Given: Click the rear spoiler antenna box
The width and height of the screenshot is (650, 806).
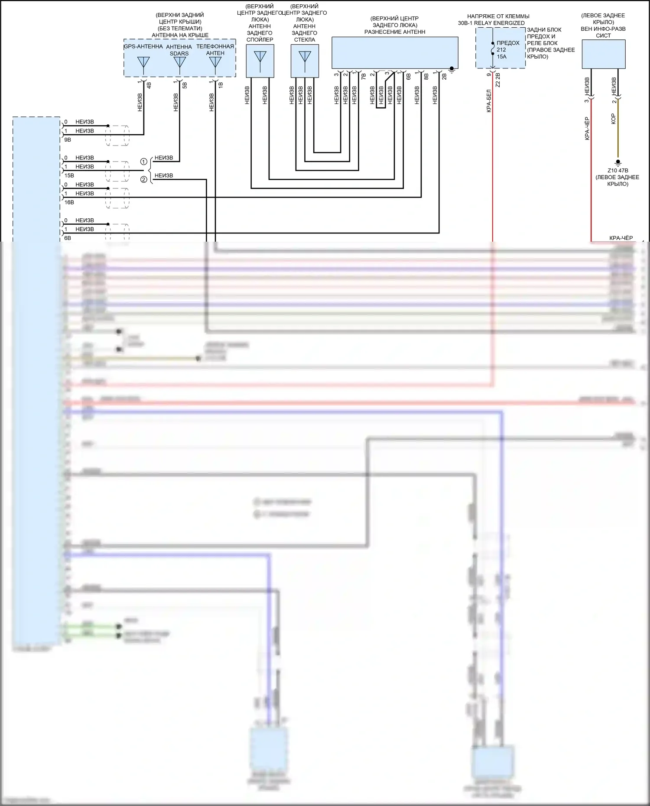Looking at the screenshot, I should (260, 61).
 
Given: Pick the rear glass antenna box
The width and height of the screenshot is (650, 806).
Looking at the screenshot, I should (305, 61).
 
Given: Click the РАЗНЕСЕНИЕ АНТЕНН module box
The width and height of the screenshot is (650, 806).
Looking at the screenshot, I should (395, 52).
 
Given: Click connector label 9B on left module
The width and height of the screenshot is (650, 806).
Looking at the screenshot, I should (68, 140).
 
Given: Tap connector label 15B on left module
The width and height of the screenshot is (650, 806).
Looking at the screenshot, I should (69, 175).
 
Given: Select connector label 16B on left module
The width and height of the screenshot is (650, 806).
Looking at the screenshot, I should (69, 202).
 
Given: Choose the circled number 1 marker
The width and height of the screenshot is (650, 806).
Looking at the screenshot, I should (144, 162).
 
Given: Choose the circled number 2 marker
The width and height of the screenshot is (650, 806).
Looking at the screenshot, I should (144, 179).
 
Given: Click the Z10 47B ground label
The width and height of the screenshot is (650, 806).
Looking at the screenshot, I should (617, 171).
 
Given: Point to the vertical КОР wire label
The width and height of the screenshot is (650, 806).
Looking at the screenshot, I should (613, 119).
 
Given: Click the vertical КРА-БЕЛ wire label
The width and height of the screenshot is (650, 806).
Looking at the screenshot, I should (489, 101).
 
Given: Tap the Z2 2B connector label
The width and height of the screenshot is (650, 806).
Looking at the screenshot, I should (498, 80).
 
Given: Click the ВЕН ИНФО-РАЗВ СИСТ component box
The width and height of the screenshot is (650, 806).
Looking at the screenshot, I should (603, 54).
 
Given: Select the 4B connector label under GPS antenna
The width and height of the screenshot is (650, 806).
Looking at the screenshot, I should (149, 85).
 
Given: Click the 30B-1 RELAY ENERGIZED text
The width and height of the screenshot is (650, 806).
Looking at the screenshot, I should (491, 23).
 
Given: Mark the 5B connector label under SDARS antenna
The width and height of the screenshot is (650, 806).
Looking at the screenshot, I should (185, 85).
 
